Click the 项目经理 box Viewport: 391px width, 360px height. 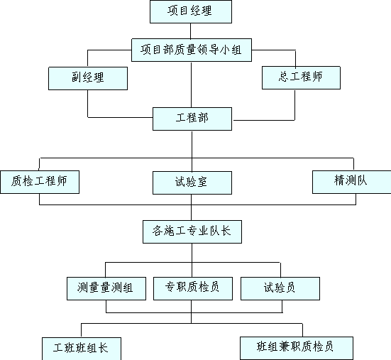coord(191,12)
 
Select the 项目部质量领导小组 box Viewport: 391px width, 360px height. coord(192,50)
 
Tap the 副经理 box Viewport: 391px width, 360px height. coord(88,78)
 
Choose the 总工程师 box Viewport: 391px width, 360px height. coord(301,77)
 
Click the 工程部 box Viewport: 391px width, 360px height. coord(192,119)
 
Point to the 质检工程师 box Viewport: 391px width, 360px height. coord(40,182)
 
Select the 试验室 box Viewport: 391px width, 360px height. coord(192,182)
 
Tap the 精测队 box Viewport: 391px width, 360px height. coord(351,182)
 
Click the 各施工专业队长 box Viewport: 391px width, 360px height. coord(192,231)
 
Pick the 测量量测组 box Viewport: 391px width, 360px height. coord(106,288)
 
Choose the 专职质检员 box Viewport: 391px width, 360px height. coord(193,288)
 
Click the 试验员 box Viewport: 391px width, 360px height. coord(280,288)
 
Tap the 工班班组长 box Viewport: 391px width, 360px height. coord(82,349)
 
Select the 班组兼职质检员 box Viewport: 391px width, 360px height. coord(297,348)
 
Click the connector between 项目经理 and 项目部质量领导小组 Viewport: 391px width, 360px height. coord(191,31)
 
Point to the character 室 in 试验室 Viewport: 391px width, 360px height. coord(202,182)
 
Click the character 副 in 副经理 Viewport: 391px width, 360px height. coord(77,77)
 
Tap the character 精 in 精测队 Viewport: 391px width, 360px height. coord(339,180)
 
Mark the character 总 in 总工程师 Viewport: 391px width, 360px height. coord(284,77)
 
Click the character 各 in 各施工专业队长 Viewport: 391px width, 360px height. coord(158,231)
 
